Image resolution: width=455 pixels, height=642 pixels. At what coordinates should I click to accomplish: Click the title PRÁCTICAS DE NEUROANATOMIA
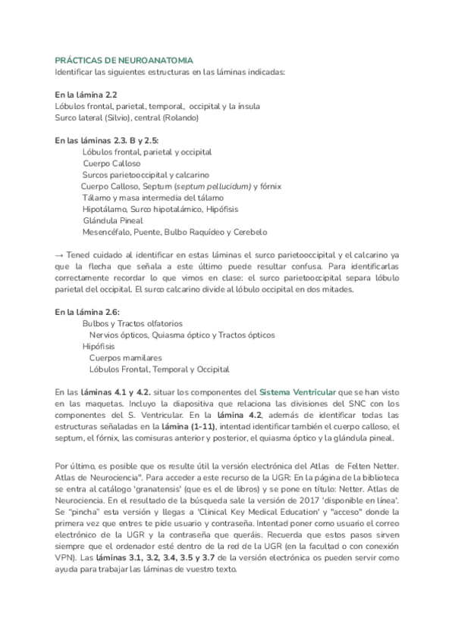click(x=124, y=60)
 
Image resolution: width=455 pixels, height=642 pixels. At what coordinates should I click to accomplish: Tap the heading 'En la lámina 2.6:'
click(x=88, y=311)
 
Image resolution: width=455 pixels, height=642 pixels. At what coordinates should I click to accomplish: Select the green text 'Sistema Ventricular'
click(x=298, y=392)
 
